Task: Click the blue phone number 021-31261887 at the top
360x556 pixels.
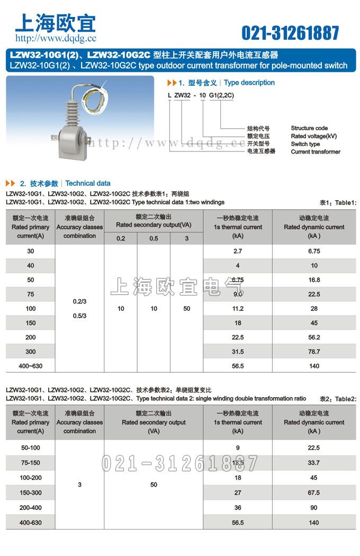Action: [290, 33]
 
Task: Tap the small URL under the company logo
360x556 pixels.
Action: [56, 38]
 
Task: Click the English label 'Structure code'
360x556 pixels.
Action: [309, 128]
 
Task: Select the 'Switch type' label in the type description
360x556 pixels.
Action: [305, 144]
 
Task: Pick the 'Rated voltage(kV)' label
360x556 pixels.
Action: [314, 136]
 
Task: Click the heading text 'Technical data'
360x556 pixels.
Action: [88, 183]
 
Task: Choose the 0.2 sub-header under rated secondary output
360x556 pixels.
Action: [121, 238]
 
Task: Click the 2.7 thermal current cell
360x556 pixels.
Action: [238, 251]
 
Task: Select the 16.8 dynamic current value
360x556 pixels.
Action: [314, 280]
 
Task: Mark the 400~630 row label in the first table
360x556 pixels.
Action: [31, 366]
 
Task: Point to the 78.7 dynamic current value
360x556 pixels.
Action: [314, 352]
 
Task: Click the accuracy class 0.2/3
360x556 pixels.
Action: [79, 301]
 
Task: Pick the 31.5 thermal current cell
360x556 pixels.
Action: [238, 352]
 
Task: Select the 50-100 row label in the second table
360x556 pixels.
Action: [31, 447]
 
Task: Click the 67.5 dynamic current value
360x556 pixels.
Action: [314, 492]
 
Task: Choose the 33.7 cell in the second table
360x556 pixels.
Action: [314, 463]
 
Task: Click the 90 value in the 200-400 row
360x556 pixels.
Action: [314, 507]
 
